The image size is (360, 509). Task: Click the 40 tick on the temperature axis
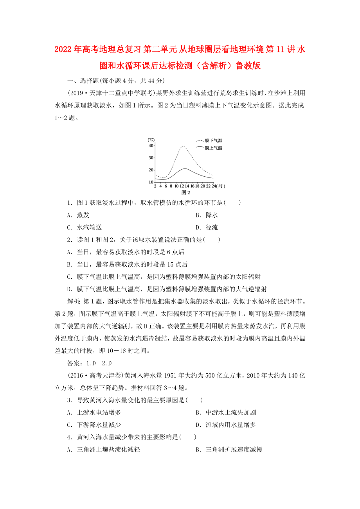[x=151, y=145]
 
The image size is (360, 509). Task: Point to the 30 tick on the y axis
[x=151, y=158]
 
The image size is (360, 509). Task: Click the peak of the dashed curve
[x=183, y=146]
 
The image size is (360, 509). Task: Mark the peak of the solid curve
[x=185, y=168]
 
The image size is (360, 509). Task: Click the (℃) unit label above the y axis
[x=151, y=140]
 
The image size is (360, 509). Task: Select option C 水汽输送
[x=85, y=228]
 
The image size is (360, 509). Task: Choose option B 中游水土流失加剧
[x=225, y=412]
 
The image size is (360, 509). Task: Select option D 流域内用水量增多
[x=225, y=425]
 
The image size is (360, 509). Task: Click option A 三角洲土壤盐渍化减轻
[x=103, y=450]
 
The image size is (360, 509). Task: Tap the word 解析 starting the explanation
[x=74, y=301]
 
